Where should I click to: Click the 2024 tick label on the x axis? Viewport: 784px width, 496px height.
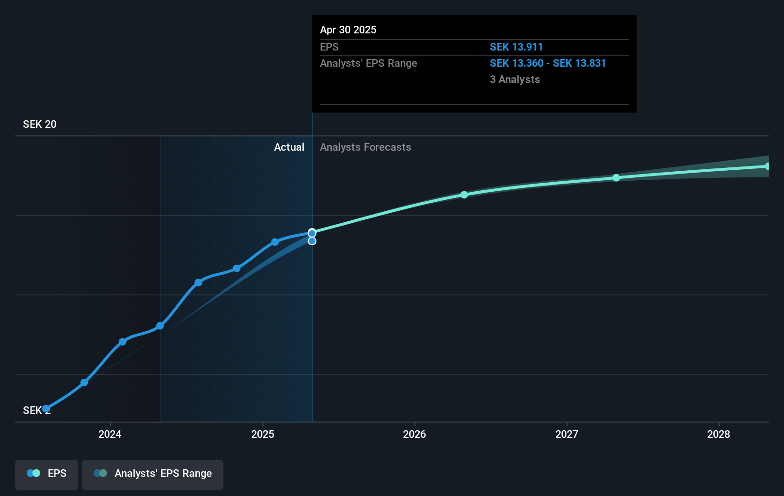click(x=110, y=434)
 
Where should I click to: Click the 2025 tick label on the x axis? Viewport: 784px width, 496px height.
click(x=263, y=434)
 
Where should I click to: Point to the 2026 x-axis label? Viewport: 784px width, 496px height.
click(x=414, y=434)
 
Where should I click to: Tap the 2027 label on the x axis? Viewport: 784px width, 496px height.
click(x=567, y=434)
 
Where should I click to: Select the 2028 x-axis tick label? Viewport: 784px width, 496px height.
click(x=719, y=434)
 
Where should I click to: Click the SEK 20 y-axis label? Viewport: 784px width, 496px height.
click(x=40, y=124)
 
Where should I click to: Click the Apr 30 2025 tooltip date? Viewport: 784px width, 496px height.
click(x=348, y=30)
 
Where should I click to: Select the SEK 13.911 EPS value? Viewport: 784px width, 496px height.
click(x=516, y=47)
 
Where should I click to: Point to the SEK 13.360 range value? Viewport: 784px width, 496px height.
click(x=517, y=63)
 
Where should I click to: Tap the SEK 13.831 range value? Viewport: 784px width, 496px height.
click(x=579, y=63)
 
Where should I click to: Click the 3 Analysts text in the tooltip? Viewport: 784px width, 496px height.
click(x=515, y=80)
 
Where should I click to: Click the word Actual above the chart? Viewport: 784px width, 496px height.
click(x=289, y=147)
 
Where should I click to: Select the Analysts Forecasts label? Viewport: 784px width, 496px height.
click(x=365, y=147)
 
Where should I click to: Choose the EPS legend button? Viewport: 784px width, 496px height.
click(x=47, y=474)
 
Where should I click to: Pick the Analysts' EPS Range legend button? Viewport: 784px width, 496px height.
click(x=153, y=474)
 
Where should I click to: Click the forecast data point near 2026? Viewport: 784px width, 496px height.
click(x=464, y=195)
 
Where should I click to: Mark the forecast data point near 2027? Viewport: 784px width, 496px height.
click(x=616, y=178)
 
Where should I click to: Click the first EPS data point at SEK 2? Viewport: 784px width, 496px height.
click(x=46, y=409)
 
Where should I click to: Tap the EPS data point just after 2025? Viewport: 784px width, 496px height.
click(x=275, y=242)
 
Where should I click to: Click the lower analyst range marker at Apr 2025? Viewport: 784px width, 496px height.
click(x=312, y=241)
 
